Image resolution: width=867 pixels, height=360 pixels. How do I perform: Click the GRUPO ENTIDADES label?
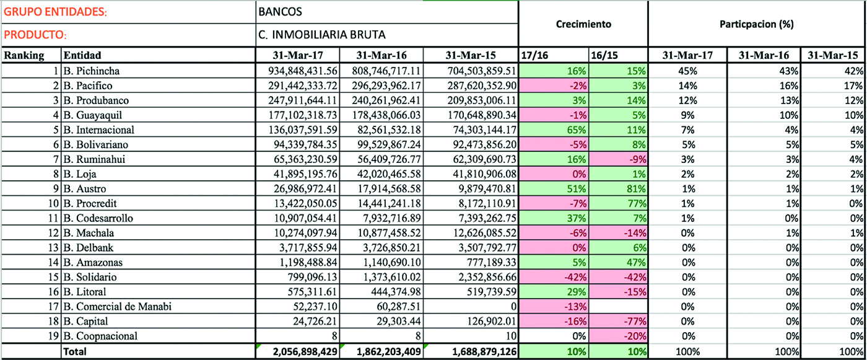55,12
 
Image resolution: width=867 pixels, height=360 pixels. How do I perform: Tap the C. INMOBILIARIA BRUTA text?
323,35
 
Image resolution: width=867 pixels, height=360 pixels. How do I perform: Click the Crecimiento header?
583,24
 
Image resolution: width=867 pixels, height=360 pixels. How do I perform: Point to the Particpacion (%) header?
757,24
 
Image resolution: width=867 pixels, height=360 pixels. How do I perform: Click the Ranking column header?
25,55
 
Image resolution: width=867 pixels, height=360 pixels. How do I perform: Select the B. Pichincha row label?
92,71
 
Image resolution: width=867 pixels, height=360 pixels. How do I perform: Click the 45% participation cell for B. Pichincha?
686,71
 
